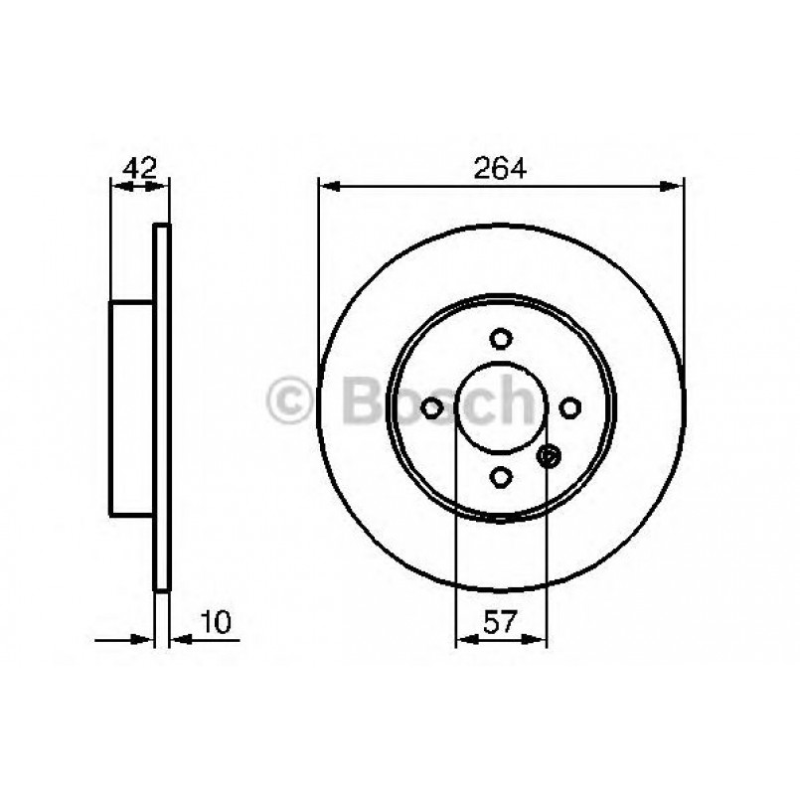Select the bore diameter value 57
click(x=501, y=623)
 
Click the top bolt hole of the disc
click(x=501, y=338)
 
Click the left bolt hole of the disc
click(x=431, y=407)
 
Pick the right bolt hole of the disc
click(x=570, y=407)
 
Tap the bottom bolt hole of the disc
click(x=501, y=477)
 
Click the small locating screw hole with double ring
click(x=547, y=456)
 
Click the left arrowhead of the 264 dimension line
click(x=327, y=184)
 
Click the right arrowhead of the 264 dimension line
click(x=676, y=184)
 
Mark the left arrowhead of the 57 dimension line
click(x=463, y=639)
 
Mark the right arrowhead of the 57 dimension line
click(x=539, y=639)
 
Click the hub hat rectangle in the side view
click(x=131, y=407)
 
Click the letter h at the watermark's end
click(x=528, y=400)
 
